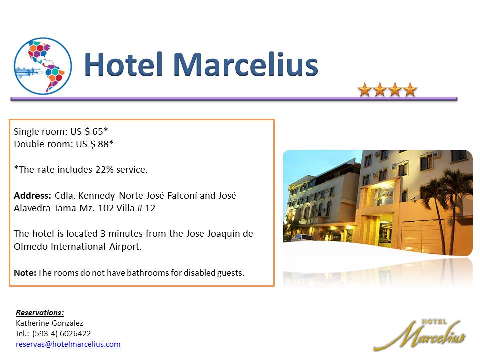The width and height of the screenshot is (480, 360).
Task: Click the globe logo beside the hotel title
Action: click(x=43, y=66)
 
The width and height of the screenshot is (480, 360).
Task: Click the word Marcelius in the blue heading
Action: click(x=246, y=65)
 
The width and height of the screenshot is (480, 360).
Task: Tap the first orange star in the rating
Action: click(x=365, y=90)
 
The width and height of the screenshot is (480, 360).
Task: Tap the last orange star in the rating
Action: click(x=410, y=90)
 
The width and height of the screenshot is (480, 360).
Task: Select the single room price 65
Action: click(x=97, y=131)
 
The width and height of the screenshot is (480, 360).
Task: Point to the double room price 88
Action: click(x=103, y=144)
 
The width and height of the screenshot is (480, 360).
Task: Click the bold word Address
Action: click(x=33, y=196)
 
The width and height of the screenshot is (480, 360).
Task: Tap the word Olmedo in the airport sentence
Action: click(x=31, y=246)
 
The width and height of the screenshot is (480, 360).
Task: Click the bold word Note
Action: click(x=25, y=273)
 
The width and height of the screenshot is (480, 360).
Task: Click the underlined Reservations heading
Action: click(x=40, y=313)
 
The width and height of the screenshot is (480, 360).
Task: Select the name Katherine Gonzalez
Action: click(x=49, y=323)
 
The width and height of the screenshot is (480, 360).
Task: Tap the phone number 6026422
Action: click(x=75, y=333)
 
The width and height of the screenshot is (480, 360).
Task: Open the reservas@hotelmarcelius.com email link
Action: click(x=68, y=344)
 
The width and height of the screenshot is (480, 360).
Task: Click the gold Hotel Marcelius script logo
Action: click(x=420, y=335)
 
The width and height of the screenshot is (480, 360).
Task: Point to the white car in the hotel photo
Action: click(x=303, y=238)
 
